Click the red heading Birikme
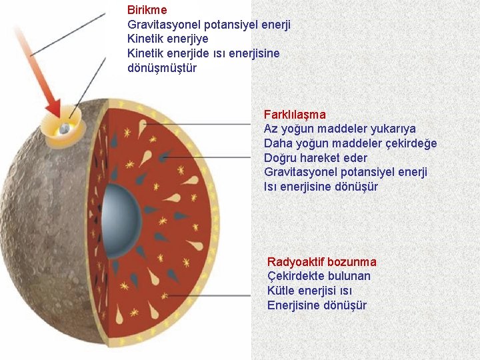[147, 10]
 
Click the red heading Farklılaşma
[295, 115]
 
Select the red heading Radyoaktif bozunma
[321, 262]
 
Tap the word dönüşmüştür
[162, 68]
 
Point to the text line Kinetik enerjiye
[167, 39]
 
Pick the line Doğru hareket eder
[315, 158]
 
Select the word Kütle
[283, 291]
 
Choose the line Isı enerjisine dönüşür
[321, 187]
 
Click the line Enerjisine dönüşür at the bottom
[317, 305]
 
